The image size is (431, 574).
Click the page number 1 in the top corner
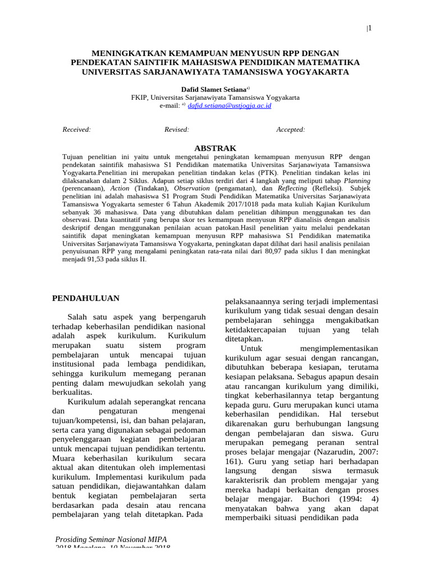[369, 29]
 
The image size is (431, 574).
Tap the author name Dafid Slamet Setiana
[213, 89]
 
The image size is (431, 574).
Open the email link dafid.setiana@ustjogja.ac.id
[222, 105]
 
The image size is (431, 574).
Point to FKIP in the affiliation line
[139, 97]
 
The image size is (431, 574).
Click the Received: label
[76, 129]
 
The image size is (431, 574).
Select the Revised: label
[176, 129]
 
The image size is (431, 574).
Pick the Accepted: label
[290, 129]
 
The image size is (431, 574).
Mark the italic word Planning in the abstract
[356, 182]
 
